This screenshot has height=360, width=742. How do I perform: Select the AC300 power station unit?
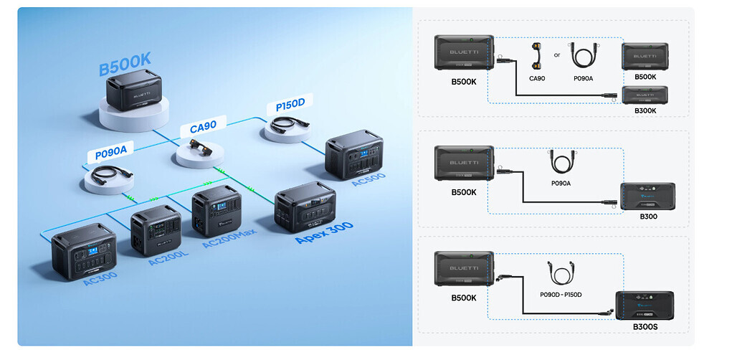(83, 250)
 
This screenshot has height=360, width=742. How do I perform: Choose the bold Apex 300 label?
(325, 233)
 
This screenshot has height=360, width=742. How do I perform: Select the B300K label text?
(645, 110)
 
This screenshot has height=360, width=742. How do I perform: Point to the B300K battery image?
(645, 95)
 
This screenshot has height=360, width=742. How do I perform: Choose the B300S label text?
(645, 326)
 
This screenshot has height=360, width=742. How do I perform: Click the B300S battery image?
(645, 305)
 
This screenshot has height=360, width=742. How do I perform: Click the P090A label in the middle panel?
(561, 183)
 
